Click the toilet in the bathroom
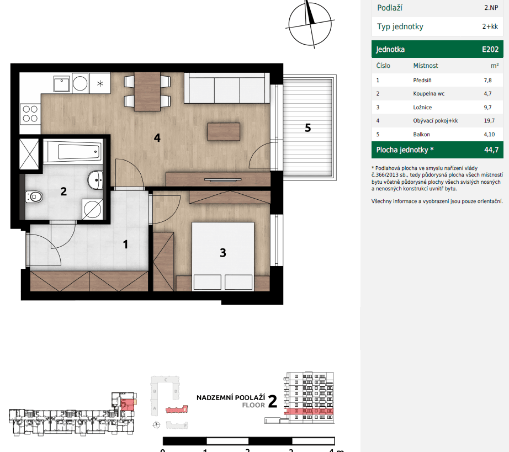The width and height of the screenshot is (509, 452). tap(34, 196)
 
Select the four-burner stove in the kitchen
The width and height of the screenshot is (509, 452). tap(30, 113)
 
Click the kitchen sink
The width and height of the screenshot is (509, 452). tap(61, 84)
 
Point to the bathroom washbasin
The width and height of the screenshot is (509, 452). tap(96, 179)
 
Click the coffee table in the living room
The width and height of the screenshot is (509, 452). tap(224, 131)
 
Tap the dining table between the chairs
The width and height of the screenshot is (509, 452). tap(147, 91)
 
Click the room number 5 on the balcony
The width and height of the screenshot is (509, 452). tap(308, 128)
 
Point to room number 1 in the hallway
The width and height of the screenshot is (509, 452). tap(125, 243)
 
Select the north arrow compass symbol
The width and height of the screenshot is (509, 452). tap(310, 22)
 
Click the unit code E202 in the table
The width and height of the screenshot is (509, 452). tap(490, 49)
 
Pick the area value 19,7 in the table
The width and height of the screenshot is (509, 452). tap(487, 121)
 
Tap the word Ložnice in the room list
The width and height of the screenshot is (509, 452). tap(422, 107)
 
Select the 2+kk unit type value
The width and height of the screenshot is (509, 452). tap(490, 26)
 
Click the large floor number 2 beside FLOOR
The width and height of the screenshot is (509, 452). tap(272, 401)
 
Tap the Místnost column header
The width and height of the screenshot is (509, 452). tap(426, 66)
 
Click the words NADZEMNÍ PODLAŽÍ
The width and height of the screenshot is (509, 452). tap(231, 397)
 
